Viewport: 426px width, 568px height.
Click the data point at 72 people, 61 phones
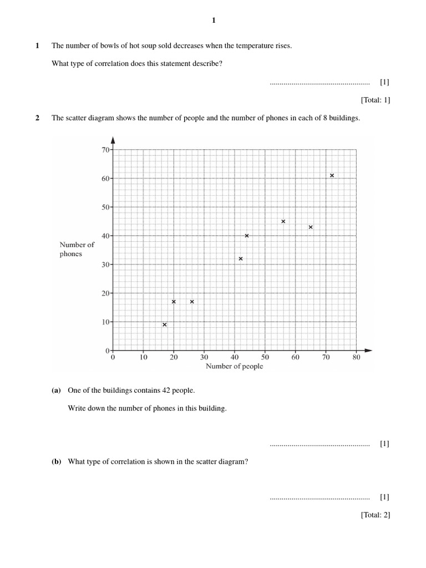point(332,175)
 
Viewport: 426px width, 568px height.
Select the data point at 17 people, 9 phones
point(165,324)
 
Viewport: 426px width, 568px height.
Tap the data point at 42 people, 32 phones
point(240,258)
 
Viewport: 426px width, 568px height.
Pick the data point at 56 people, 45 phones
point(283,221)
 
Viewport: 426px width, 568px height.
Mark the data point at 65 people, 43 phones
point(311,227)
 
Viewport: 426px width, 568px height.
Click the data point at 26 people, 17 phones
point(192,302)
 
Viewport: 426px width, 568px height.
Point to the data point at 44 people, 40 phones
point(247,236)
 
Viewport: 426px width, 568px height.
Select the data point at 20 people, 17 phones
point(174,302)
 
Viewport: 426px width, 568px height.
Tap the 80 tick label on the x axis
point(356,358)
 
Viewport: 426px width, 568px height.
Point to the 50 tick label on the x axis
point(265,358)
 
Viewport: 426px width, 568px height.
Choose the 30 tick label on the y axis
point(105,265)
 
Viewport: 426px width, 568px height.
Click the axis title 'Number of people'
point(234,366)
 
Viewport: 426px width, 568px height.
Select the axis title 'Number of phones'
point(77,249)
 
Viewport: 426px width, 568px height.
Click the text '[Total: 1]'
point(375,100)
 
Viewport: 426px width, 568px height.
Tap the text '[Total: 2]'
point(375,515)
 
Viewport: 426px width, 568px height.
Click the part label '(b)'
point(56,461)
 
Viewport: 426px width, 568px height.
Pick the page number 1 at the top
point(214,21)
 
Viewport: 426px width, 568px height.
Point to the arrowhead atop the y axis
point(113,140)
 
